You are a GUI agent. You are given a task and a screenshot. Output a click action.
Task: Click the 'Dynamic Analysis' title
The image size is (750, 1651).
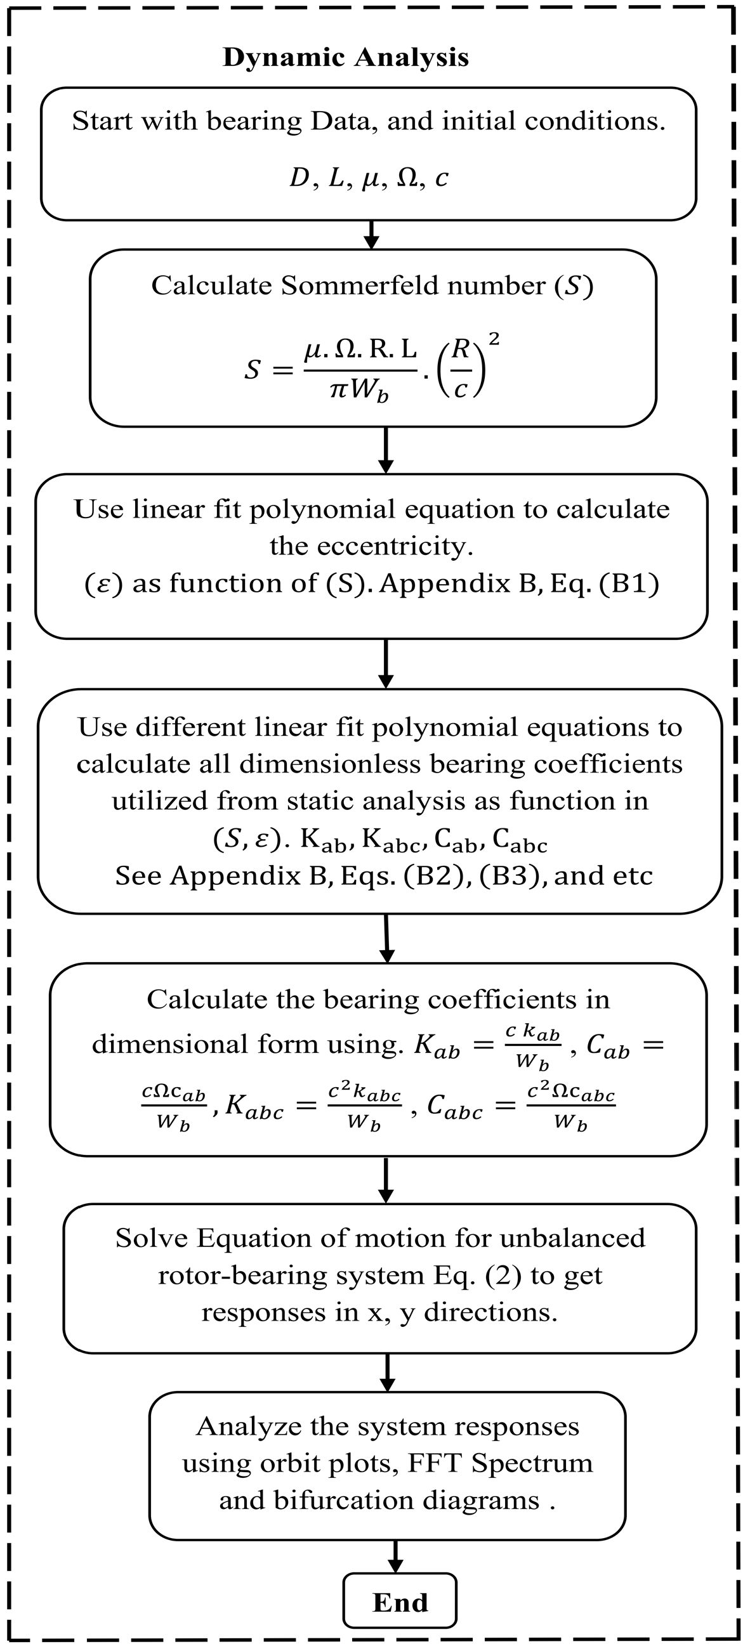pos(346,58)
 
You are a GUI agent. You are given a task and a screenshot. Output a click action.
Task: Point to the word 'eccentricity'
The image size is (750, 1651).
pos(371,546)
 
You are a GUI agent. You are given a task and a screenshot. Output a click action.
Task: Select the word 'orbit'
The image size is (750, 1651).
pos(286,1463)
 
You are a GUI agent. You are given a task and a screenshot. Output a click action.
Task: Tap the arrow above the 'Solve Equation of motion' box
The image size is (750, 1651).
pos(386,1180)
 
